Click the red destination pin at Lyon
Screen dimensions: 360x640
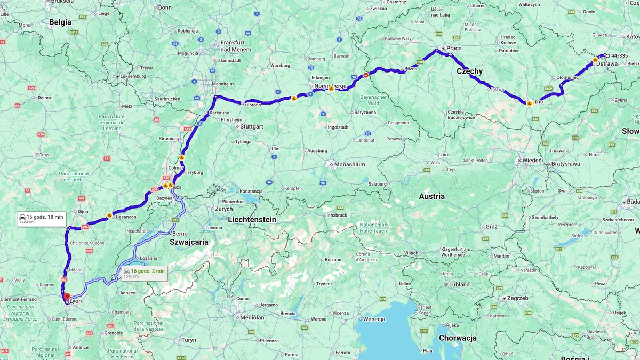(67, 297)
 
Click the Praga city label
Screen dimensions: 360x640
(454, 48)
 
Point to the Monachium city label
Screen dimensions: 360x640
(349, 165)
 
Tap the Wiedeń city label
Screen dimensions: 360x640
(532, 160)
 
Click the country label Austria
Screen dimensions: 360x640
(431, 196)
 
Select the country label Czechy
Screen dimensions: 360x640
(469, 71)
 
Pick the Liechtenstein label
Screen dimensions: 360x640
(252, 219)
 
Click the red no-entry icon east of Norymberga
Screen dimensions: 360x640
(365, 75)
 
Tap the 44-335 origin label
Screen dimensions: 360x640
(619, 55)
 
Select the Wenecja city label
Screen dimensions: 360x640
(374, 319)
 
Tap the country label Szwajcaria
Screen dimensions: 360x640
(189, 242)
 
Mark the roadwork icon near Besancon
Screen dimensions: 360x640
(109, 215)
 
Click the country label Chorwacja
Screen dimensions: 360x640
(458, 338)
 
